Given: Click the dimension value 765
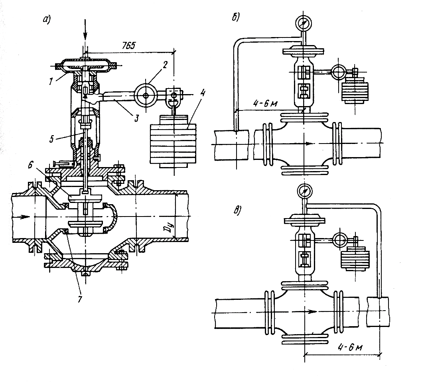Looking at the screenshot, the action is [x=128, y=45].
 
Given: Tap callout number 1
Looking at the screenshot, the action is [x=51, y=81].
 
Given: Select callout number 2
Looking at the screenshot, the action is [x=165, y=65].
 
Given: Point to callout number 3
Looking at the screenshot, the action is [x=136, y=118].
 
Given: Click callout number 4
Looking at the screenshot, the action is [x=203, y=93].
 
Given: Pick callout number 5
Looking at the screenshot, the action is [x=51, y=139].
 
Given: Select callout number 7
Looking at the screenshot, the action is [x=79, y=299].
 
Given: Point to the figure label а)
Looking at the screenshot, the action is [x=47, y=20].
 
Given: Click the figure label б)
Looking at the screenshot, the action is [x=236, y=18].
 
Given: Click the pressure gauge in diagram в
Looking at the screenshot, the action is [x=304, y=191].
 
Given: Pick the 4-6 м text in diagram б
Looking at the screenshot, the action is [x=266, y=104].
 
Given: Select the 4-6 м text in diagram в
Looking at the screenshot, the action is [x=351, y=347].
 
